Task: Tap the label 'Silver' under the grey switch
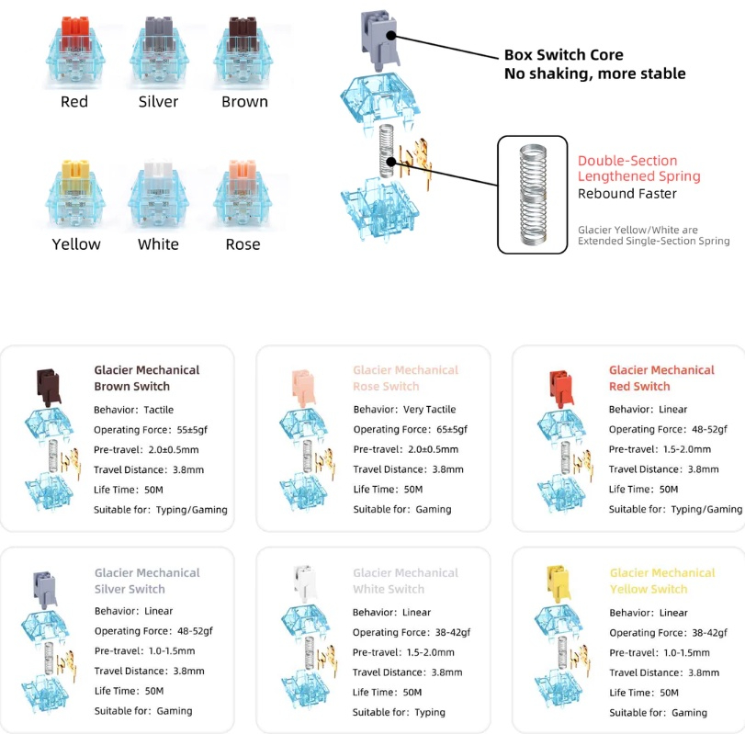158,101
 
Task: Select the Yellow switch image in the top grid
75,194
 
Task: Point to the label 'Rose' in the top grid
243,244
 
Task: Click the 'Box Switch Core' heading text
563,55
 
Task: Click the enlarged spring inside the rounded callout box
534,195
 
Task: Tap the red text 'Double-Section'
626,160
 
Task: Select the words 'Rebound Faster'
626,194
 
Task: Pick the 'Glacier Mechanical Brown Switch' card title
146,378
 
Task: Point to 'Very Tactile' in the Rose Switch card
430,410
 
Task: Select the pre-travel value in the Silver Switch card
178,651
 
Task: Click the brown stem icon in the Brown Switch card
49,382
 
